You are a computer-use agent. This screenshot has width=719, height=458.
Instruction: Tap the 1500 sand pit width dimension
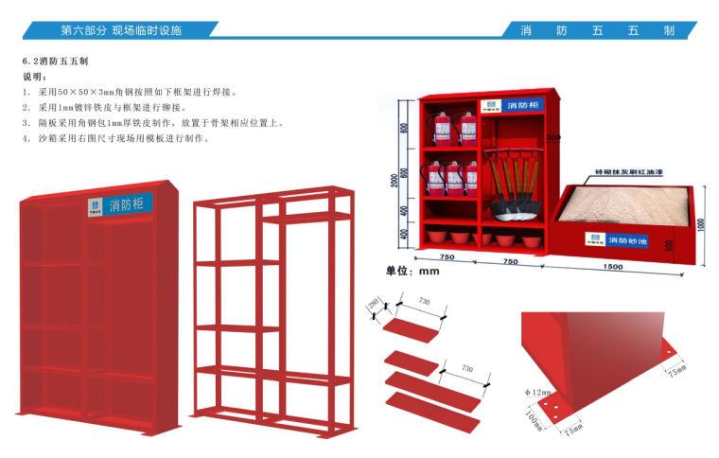(612, 267)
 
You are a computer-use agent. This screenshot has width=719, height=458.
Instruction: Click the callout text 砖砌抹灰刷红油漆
(629, 173)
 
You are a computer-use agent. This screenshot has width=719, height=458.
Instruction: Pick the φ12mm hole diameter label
(538, 392)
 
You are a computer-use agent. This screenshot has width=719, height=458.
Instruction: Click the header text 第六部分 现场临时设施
(120, 30)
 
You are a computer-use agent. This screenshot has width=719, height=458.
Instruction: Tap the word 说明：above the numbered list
(35, 77)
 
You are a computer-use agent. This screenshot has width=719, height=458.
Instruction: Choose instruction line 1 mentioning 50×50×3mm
(137, 93)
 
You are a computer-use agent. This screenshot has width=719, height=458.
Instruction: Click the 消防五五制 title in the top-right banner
(597, 30)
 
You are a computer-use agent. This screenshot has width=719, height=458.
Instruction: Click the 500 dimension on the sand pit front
(670, 246)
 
